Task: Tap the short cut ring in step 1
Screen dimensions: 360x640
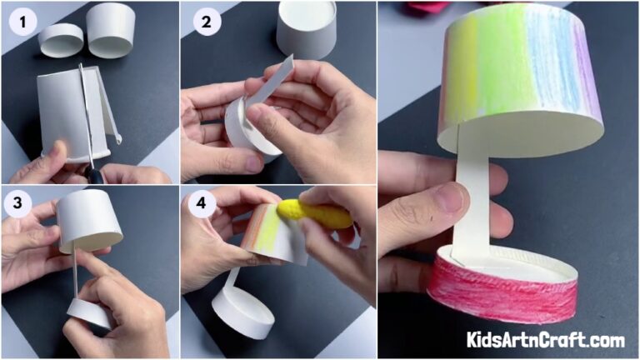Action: click(61, 39)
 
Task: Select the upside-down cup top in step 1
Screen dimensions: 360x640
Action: click(111, 29)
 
